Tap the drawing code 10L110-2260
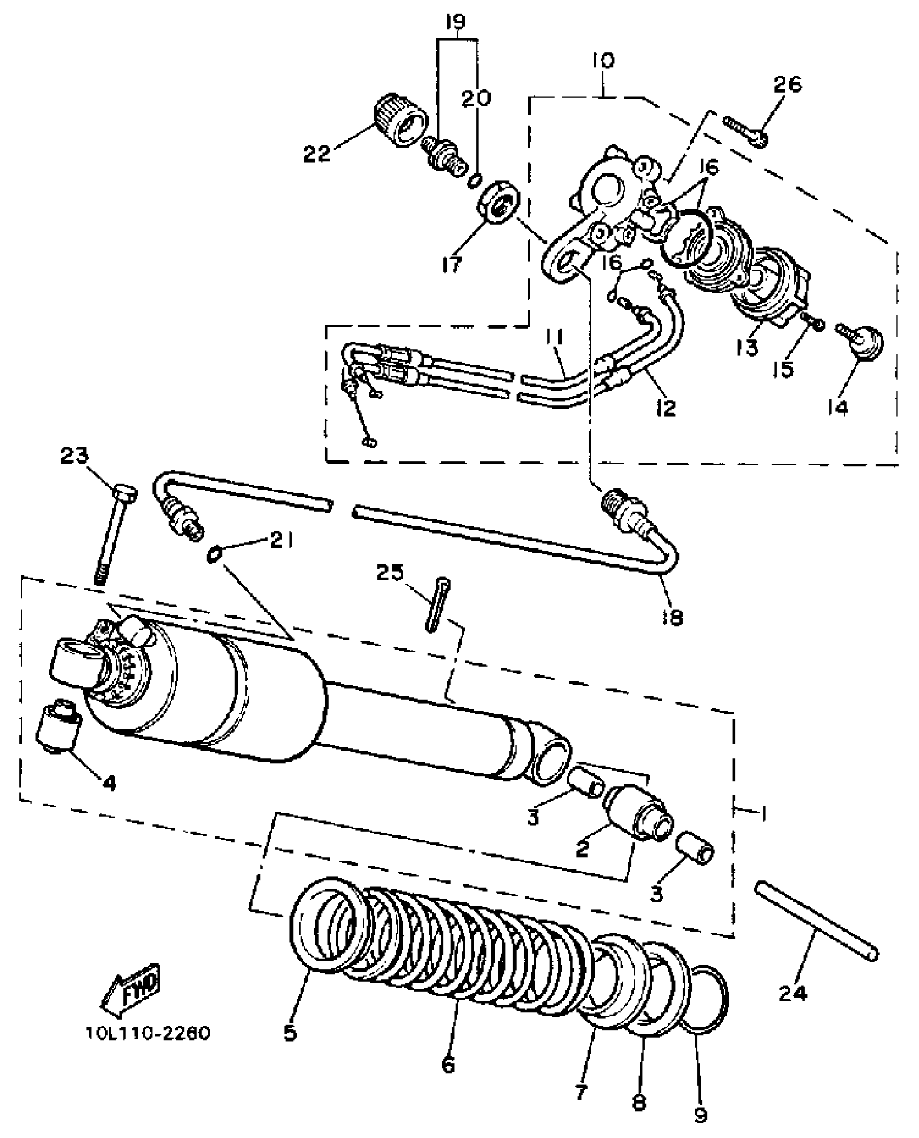148,1033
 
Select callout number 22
316,154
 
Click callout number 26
787,84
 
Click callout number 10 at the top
603,60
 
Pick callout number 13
747,349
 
